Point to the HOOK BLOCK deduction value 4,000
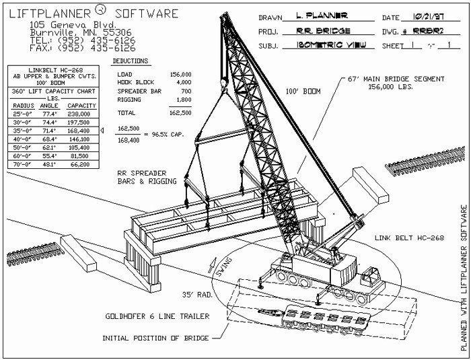point(178,83)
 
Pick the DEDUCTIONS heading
point(134,60)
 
